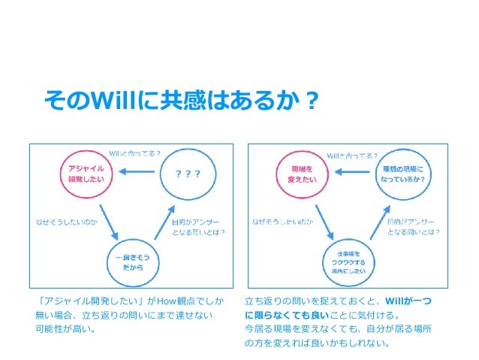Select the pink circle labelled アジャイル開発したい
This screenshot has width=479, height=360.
pos(81,174)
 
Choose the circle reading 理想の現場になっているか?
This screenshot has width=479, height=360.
pos(402,174)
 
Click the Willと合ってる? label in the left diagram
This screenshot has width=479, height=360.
pos(134,153)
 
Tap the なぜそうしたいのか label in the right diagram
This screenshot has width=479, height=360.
pos(282,222)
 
